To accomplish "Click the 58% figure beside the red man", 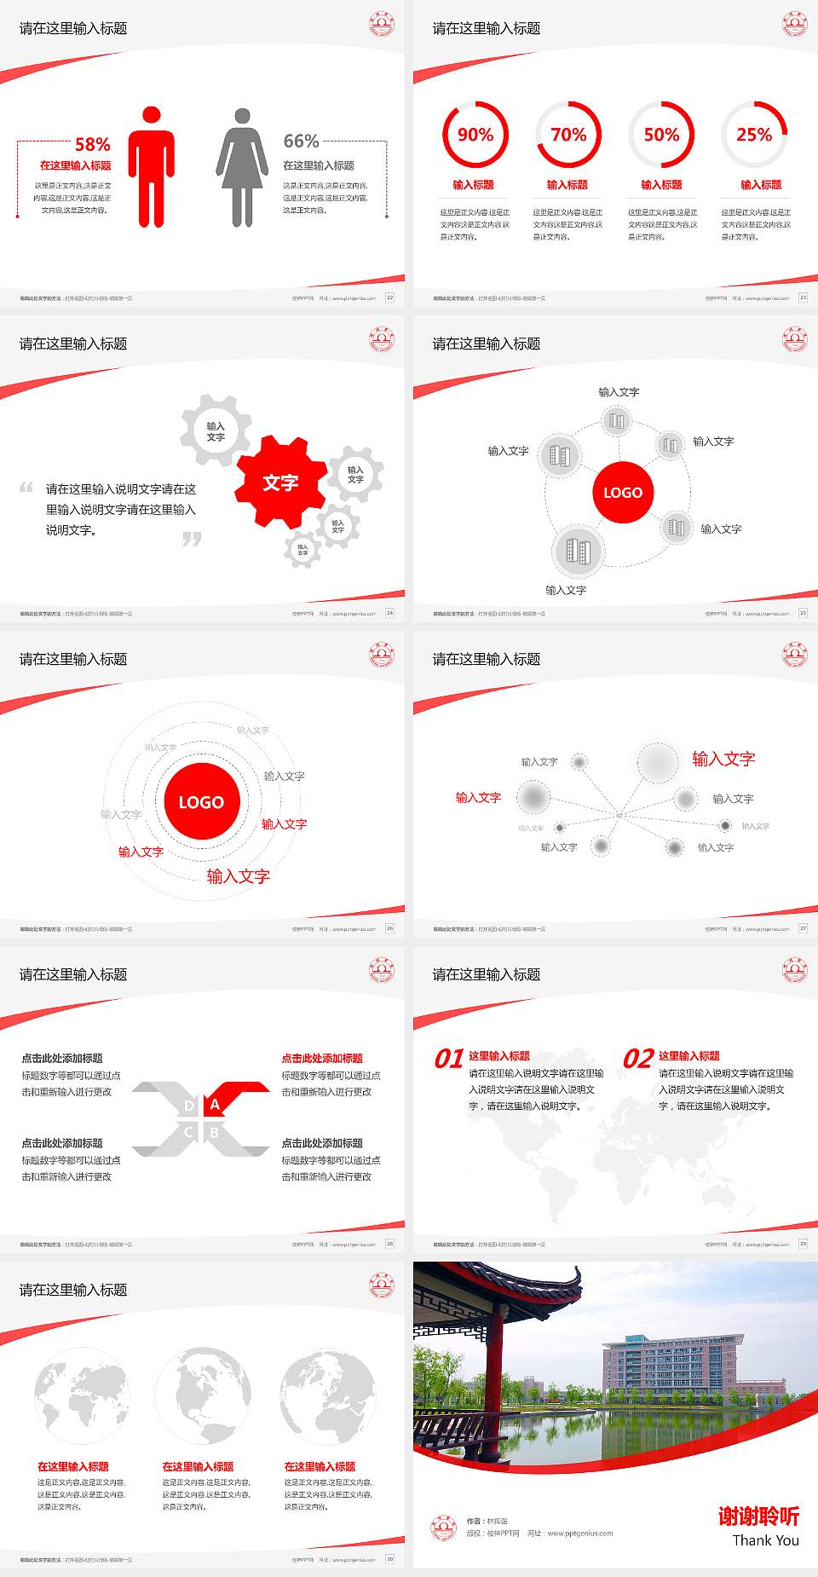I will (x=92, y=144).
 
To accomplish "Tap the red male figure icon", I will (x=152, y=167).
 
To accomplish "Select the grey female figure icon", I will (x=242, y=167).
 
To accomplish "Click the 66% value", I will (x=301, y=141).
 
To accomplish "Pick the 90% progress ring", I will (x=475, y=135).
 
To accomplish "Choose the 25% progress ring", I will (x=754, y=135).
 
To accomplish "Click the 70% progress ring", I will (x=568, y=135).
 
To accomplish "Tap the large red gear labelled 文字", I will (x=280, y=482).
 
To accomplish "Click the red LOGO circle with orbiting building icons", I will (x=623, y=492).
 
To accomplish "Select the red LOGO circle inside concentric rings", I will (x=201, y=801).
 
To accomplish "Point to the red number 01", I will (x=449, y=1059).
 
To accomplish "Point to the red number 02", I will (x=638, y=1059).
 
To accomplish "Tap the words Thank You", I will (x=765, y=1540).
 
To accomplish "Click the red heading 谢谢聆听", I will (x=758, y=1516).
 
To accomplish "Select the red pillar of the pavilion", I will (x=494, y=1372).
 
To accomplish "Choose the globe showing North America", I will (x=203, y=1395).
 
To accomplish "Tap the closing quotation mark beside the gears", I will (x=192, y=539).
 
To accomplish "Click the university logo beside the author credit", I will (x=443, y=1528).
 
